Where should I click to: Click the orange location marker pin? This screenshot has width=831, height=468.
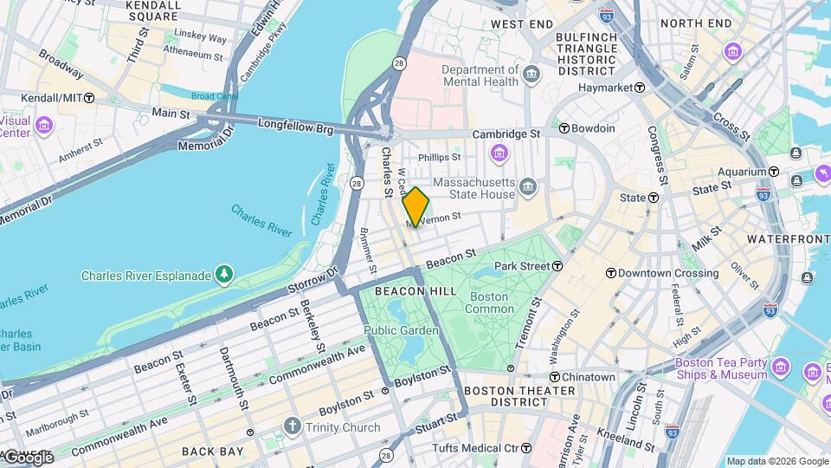[x=416, y=207]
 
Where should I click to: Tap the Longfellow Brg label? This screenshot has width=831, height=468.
[x=295, y=127]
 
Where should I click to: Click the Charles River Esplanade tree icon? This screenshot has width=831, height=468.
[x=224, y=276]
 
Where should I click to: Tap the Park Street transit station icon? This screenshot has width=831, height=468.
[x=557, y=266]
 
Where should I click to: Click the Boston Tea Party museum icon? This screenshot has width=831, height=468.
[x=782, y=368]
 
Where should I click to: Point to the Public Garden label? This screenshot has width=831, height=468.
[x=401, y=330]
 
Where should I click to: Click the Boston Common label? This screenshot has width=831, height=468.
[x=490, y=302]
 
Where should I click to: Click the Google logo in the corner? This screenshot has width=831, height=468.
[x=28, y=458]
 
